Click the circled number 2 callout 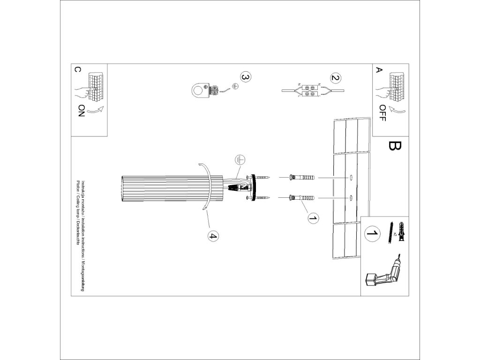335,78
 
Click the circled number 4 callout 212,236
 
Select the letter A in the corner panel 379,70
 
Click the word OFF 382,113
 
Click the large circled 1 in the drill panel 372,233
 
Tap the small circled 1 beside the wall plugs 313,218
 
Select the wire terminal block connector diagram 310,90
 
